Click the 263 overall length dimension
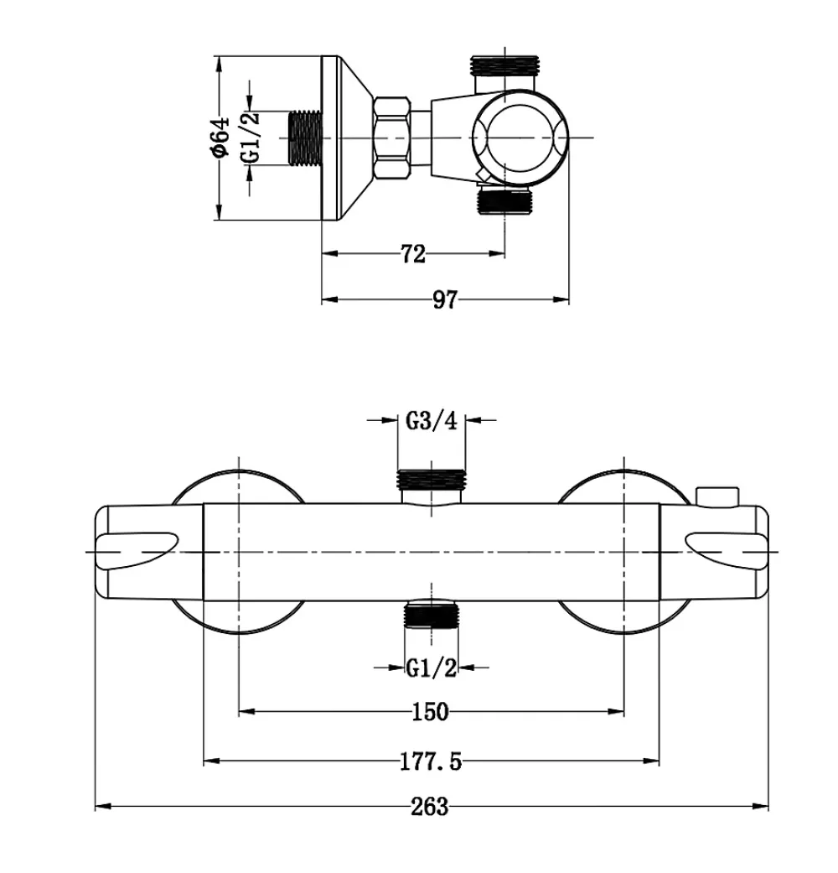[430, 806]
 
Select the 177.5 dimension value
[431, 761]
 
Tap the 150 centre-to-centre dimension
[430, 711]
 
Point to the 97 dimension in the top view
[445, 299]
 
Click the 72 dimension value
[413, 254]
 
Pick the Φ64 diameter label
[220, 137]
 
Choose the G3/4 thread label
[432, 420]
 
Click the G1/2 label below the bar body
[432, 667]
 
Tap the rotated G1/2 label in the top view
[251, 138]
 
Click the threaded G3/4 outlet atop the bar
[432, 480]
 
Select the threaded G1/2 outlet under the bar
[432, 614]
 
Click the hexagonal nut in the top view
[392, 138]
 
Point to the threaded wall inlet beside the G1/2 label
[306, 138]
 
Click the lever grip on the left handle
[137, 550]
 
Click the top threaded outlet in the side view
[504, 65]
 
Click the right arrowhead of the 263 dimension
[760, 806]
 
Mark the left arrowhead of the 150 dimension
[247, 711]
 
